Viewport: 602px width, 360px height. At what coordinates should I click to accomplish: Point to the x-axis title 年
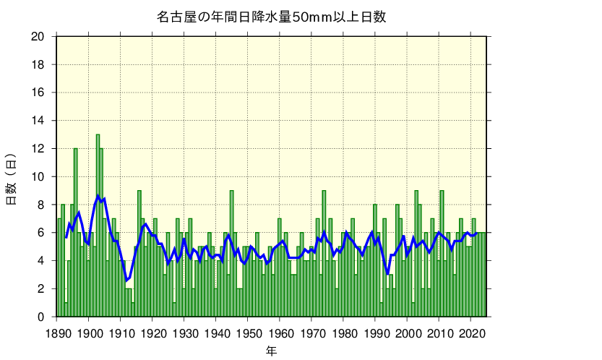pyautogui.click(x=271, y=351)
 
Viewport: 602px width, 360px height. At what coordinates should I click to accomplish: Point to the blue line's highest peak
pyautogui.click(x=98, y=195)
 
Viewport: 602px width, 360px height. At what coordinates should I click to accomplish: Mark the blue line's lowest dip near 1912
pyautogui.click(x=126, y=280)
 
